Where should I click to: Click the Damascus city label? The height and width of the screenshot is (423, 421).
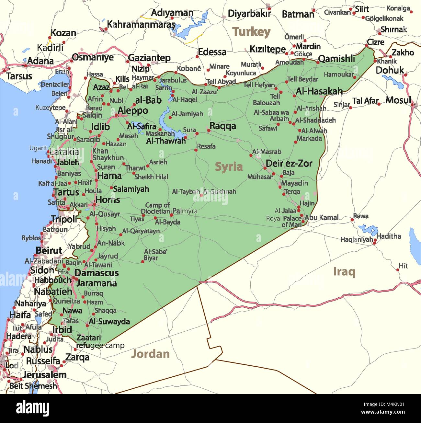point(97,273)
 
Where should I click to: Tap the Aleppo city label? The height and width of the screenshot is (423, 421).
point(132,111)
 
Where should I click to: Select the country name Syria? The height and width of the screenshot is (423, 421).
point(229,167)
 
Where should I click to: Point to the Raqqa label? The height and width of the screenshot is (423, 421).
point(223,126)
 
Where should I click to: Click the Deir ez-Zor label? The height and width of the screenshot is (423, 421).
point(289,164)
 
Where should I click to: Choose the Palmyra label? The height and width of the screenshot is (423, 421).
point(185,211)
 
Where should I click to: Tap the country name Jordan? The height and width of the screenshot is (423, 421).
point(150,354)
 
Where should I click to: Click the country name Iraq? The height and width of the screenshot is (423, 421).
point(344,272)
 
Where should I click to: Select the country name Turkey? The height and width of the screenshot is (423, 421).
point(251,32)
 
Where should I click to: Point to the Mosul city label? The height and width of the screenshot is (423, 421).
point(398,100)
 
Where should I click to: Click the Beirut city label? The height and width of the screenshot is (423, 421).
point(49,251)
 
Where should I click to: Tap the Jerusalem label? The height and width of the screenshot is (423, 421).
point(45,375)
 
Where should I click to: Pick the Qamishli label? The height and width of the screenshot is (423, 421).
point(336,59)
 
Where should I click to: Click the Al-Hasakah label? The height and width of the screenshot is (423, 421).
point(319,91)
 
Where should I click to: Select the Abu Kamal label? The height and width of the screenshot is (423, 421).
point(322,218)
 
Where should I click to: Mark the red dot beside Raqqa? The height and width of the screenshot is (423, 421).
point(209,131)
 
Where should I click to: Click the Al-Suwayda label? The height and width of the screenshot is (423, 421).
point(109,322)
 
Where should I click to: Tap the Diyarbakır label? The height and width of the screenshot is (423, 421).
point(249,14)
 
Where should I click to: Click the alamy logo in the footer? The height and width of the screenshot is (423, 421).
point(32,408)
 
